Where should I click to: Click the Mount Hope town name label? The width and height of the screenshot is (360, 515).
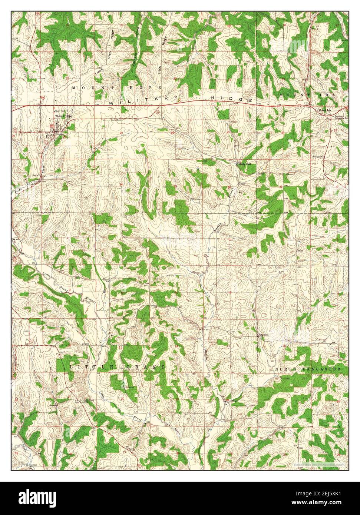(x=64, y=116)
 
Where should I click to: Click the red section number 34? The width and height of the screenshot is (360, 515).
(x=121, y=184)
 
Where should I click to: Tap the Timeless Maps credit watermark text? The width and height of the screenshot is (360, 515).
(x=318, y=464)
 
